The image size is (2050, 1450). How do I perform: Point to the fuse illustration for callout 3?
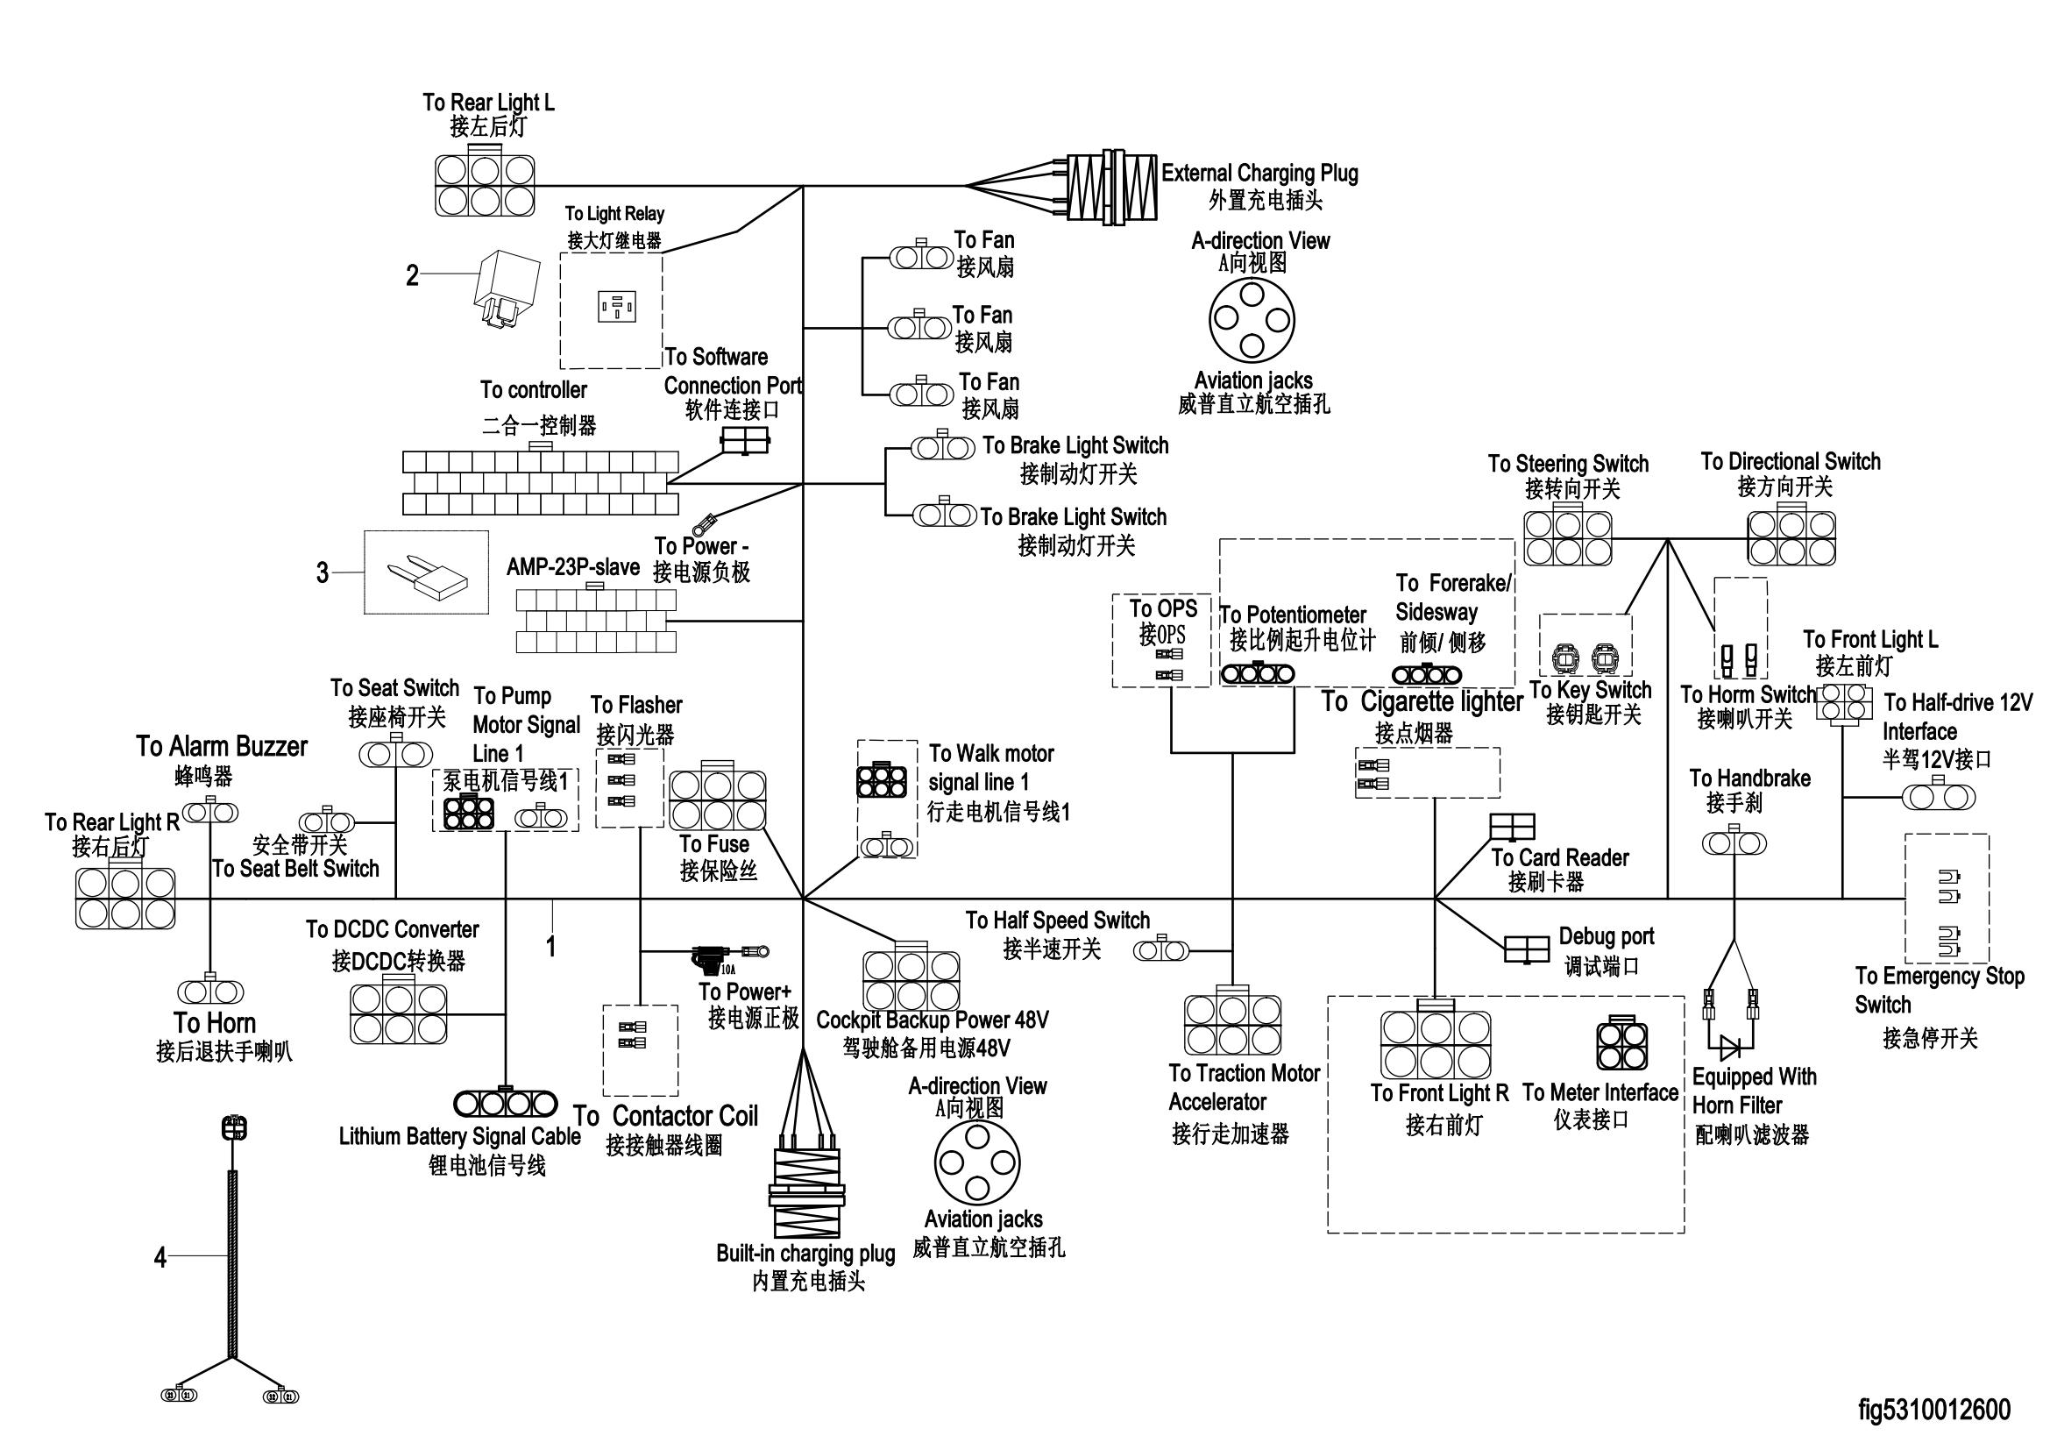[x=427, y=573]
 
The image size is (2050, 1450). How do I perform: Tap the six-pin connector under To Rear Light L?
[x=485, y=185]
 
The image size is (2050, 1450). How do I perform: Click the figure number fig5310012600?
[x=1934, y=1410]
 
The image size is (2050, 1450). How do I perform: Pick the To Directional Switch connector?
[x=1791, y=537]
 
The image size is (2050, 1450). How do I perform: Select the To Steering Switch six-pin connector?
[x=1568, y=537]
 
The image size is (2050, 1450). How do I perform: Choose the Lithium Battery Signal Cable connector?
[x=506, y=1105]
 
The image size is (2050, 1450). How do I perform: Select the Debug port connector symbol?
[x=1526, y=949]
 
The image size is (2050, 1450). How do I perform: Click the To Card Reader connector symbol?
[x=1513, y=827]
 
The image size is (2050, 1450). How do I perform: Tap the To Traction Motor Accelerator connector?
[x=1232, y=1024]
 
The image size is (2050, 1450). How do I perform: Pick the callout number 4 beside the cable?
[x=160, y=1258]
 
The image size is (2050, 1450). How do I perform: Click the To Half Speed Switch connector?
[x=1160, y=951]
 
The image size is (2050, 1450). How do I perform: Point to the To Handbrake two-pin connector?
[x=1733, y=842]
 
